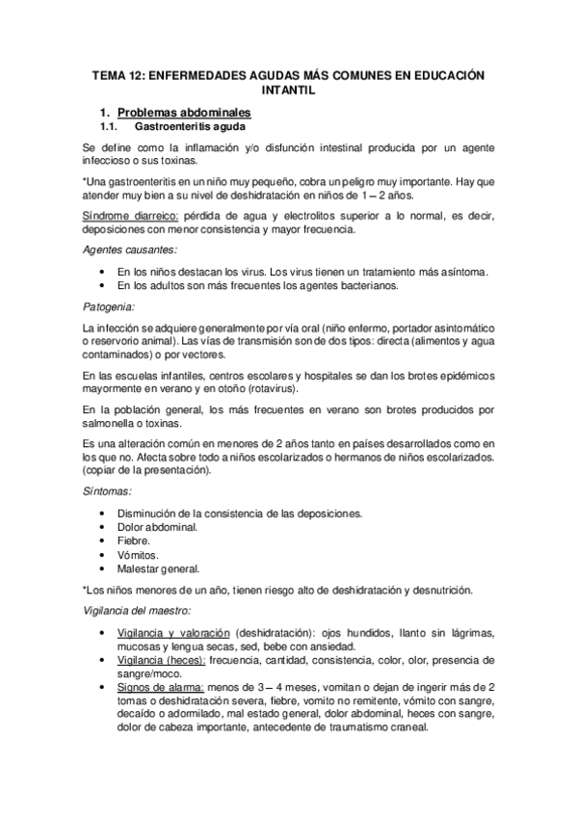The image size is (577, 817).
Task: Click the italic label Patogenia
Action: (108, 307)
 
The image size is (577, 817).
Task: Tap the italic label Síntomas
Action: (109, 492)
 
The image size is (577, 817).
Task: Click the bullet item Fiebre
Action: (133, 541)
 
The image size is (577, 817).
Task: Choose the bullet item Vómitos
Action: (136, 556)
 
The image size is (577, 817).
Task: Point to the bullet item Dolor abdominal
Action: (157, 527)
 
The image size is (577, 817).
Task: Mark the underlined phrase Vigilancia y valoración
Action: (172, 633)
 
